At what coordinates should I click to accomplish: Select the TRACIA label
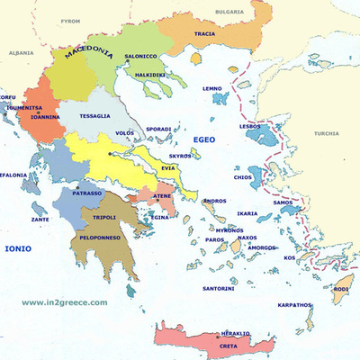point(204,36)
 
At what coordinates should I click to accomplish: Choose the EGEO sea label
point(205,139)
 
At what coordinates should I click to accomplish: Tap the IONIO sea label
point(18,247)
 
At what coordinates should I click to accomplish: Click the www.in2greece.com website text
point(65,302)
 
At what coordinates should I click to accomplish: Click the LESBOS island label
point(250,127)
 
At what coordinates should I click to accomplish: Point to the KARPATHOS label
point(293,304)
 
